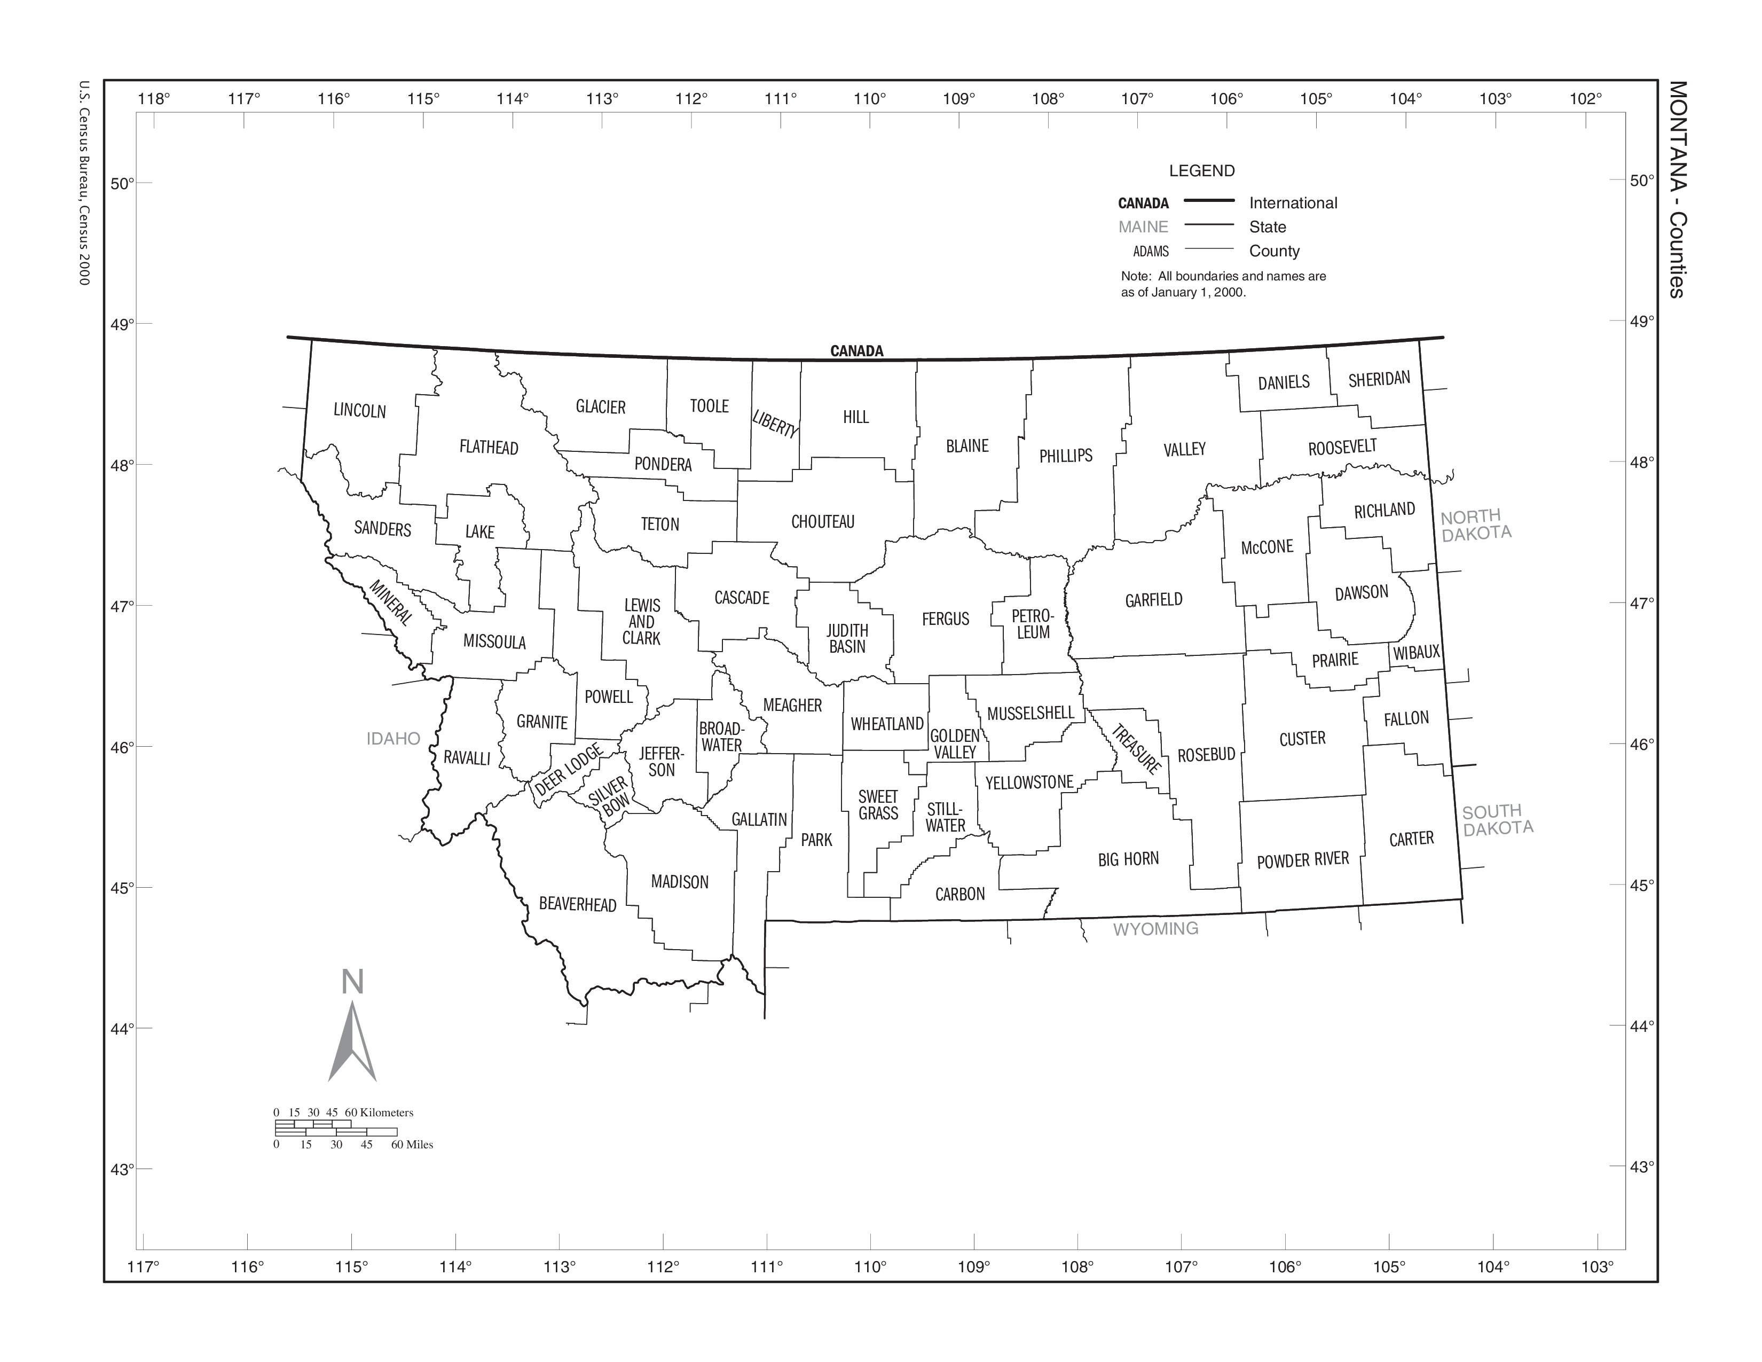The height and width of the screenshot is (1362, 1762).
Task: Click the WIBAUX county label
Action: point(1417,653)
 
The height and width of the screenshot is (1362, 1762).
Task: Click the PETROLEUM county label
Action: point(1033,624)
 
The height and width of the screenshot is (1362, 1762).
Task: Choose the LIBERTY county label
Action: point(775,424)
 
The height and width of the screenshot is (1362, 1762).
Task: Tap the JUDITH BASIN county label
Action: point(847,638)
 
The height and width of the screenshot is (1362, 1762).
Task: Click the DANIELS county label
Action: point(1284,382)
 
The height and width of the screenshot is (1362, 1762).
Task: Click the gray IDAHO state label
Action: point(393,738)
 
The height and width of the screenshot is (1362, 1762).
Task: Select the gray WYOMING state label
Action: point(1155,929)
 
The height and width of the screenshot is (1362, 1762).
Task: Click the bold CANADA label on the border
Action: point(857,351)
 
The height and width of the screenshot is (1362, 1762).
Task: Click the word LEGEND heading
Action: point(1201,171)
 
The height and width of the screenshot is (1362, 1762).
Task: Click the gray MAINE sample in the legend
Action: point(1143,226)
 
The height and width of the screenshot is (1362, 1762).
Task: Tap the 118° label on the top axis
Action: point(154,99)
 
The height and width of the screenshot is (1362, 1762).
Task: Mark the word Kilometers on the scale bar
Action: point(387,1113)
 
